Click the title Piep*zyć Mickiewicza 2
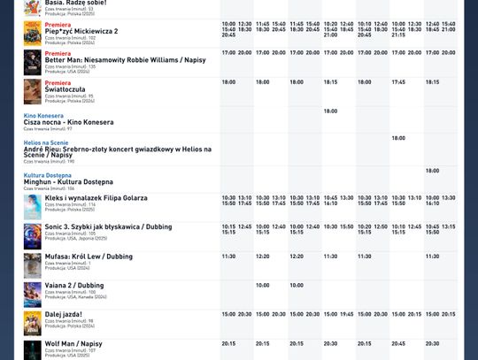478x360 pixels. [x=81, y=32]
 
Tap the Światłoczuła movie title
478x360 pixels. [x=69, y=89]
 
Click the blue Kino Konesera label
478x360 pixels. [x=43, y=116]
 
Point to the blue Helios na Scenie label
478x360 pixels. [x=46, y=142]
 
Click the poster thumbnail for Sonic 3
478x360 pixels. [x=33, y=235]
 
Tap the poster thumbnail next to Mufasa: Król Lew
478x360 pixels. [x=33, y=265]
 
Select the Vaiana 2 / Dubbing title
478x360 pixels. [x=74, y=286]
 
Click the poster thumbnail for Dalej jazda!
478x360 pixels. [x=33, y=323]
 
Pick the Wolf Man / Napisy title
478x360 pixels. [x=73, y=344]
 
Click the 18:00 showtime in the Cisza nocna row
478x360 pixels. [x=330, y=111]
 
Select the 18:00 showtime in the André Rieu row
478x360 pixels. [x=398, y=138]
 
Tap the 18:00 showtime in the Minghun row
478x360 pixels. [x=432, y=171]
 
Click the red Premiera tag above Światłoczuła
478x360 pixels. [x=58, y=82]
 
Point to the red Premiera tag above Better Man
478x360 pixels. [x=58, y=54]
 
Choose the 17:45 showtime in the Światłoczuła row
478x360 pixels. [x=398, y=82]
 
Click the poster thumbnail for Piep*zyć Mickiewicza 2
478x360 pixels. [x=33, y=34]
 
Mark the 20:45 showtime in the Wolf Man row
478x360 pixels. [x=398, y=344]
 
